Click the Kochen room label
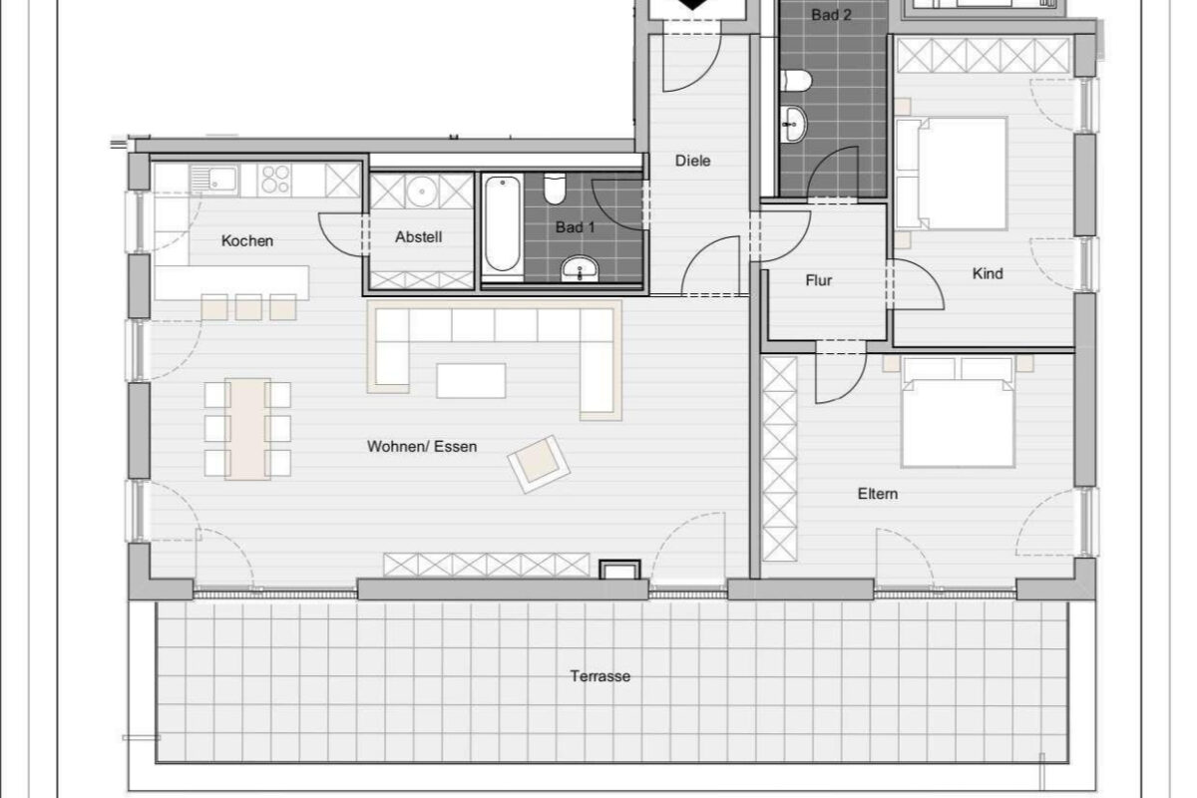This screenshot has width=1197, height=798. pos(247,240)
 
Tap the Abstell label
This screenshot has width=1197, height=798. pos(418,236)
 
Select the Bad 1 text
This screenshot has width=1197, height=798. pos(575,227)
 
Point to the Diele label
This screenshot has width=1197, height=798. pos(692,161)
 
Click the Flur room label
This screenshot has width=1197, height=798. pos(819,280)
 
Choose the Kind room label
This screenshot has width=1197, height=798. pos(988,273)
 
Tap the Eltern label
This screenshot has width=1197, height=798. pos(878,494)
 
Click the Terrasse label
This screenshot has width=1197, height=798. pos(600,676)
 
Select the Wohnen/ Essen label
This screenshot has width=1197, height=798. pos(422,446)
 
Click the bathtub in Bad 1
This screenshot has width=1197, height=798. pos(503,224)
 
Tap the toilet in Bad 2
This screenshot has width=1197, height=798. pos(796,81)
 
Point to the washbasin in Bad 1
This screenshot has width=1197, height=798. pos(580,268)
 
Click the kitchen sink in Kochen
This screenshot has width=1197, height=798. pos(213,180)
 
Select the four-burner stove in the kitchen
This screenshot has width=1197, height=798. pos(274,180)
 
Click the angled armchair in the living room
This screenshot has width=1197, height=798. pos(539,464)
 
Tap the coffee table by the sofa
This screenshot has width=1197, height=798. pos(471,381)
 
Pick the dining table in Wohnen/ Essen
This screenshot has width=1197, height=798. pos(247,429)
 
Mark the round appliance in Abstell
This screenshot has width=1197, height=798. pos(421,191)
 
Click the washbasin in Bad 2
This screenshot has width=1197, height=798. pos(794,124)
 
